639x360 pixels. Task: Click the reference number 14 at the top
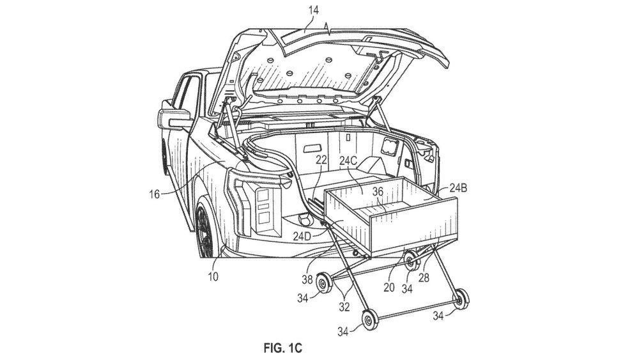pos(313,10)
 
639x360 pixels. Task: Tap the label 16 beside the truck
pos(154,194)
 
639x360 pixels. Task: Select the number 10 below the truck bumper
pos(213,277)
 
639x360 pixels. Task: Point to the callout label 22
pos(321,160)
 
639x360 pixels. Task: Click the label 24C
pos(348,160)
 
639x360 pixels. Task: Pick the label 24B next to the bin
pos(458,188)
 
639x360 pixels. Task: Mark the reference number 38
pos(307,279)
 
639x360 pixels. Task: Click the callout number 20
pos(389,288)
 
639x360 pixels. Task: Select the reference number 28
pos(425,278)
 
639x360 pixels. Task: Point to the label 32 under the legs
pos(344,306)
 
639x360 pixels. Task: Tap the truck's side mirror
pos(174,116)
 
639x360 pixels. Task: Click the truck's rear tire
pos(206,229)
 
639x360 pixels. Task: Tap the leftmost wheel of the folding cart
pos(325,282)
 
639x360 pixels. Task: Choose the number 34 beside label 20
pos(407,289)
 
